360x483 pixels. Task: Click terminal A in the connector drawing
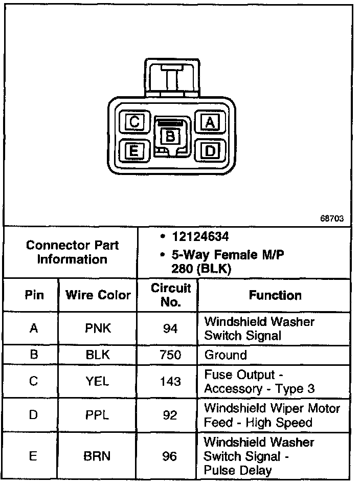point(209,122)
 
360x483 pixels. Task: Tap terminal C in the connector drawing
point(134,122)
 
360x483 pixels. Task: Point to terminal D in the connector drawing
point(209,150)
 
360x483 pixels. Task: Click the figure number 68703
point(332,218)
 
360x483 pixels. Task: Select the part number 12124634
point(199,237)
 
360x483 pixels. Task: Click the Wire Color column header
point(98,295)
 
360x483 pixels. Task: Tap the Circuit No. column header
point(170,295)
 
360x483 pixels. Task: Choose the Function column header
point(275,295)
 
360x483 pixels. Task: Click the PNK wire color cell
point(98,328)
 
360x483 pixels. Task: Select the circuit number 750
point(170,355)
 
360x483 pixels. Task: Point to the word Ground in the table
point(226,355)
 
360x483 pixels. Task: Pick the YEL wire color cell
point(98,382)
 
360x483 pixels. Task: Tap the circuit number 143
point(170,382)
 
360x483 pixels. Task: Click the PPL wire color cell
point(98,415)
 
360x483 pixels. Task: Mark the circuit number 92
point(170,415)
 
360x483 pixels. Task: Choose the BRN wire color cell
point(98,455)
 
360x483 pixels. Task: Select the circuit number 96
point(170,455)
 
